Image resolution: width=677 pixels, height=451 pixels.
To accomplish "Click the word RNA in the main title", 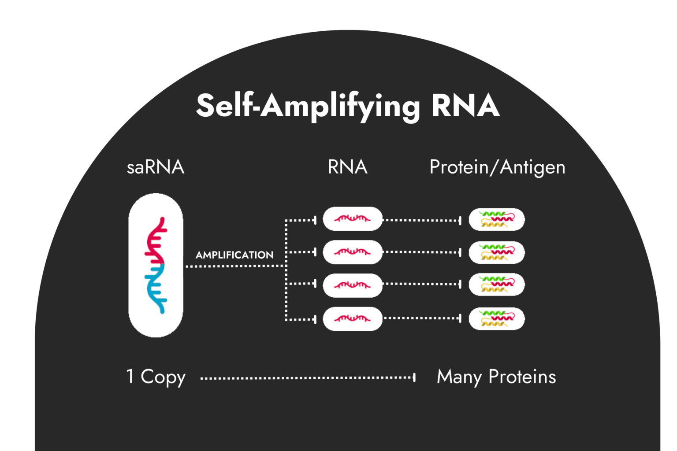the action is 465,106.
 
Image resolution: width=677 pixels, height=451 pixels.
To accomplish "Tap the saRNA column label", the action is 155,167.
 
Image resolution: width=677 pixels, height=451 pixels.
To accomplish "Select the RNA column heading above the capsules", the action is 347,167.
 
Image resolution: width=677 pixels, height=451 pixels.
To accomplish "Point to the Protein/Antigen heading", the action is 497,168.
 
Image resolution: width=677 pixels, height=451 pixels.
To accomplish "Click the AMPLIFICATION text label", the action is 234,255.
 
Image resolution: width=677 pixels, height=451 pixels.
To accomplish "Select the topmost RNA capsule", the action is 352,218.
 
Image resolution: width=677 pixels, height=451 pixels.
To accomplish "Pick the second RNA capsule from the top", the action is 352,252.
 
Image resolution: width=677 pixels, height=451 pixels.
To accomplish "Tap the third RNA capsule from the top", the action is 352,285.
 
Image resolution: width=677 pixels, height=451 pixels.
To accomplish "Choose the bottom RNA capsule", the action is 352,318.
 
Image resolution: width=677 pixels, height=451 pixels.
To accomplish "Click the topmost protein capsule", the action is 497,219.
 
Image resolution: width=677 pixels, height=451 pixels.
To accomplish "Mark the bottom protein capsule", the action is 497,319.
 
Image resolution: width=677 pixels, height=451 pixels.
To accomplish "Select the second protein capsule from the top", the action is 497,252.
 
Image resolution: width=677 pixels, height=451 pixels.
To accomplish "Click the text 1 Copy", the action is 156,377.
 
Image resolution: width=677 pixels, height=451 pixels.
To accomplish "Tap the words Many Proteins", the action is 496,377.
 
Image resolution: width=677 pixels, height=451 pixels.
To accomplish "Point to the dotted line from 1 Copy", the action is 307,377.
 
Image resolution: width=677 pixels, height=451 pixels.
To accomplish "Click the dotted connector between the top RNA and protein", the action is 422,220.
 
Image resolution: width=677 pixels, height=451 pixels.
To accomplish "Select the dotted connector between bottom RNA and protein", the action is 422,318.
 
